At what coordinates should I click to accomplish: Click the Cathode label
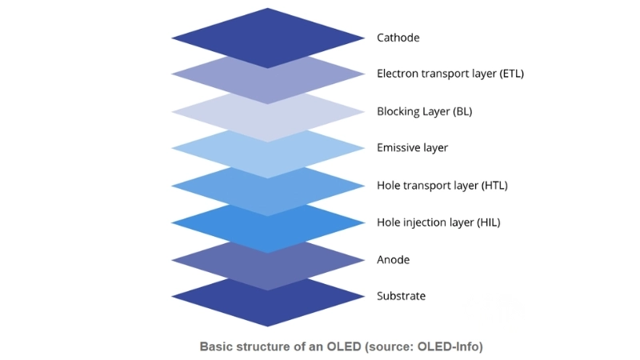coord(398,38)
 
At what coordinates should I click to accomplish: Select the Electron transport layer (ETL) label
coord(450,74)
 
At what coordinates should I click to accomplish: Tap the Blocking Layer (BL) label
coord(425,111)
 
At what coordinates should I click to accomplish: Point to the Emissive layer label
coord(412,148)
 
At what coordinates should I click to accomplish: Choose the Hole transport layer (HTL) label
coord(442,186)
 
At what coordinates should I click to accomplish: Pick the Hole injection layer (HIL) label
coord(438,222)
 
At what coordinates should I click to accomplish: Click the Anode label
coord(393,260)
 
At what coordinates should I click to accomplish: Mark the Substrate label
coord(401,296)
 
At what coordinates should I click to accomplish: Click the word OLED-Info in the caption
coord(449,347)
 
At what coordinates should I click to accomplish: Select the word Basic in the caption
coord(217,347)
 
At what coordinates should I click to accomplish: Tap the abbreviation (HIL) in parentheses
coord(486,222)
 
